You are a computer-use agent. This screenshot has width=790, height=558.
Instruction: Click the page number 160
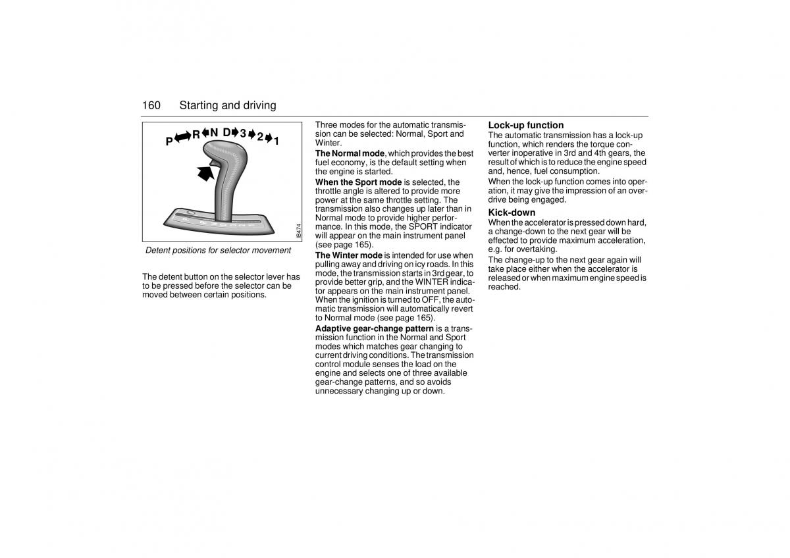[x=151, y=105]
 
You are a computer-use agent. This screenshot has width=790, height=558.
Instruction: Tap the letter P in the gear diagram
[x=169, y=141]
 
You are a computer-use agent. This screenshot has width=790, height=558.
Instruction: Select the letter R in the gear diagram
[x=196, y=135]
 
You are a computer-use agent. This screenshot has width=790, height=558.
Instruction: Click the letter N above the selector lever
[x=214, y=132]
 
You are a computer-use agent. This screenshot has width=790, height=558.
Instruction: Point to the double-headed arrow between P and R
[x=182, y=137]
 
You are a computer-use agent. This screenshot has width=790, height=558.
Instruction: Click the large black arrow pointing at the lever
[x=205, y=173]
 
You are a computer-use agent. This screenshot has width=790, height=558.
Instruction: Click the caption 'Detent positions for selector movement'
[x=218, y=250]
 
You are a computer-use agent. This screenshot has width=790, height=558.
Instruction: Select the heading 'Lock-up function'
[x=525, y=125]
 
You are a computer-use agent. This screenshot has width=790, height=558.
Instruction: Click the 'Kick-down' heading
[x=512, y=213]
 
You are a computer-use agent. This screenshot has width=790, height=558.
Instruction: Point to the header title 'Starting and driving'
[x=228, y=105]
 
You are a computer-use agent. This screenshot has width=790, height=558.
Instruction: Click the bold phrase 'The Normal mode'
[x=350, y=153]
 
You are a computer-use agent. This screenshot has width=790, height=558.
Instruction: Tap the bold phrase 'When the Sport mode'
[x=358, y=182]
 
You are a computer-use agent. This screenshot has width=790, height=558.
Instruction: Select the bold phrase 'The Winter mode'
[x=348, y=255]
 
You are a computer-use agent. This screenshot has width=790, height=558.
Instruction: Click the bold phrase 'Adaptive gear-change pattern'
[x=374, y=328]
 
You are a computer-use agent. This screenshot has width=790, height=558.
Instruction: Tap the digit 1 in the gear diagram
[x=277, y=140]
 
